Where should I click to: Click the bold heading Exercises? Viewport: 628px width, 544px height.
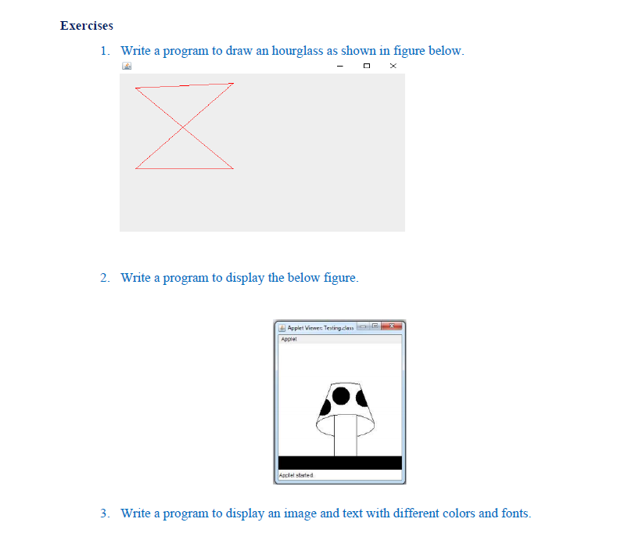click(x=86, y=26)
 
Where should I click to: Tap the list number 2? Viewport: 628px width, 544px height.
click(x=105, y=278)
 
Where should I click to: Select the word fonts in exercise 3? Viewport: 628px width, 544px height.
click(x=513, y=513)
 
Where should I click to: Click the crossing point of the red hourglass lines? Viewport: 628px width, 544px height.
click(x=184, y=126)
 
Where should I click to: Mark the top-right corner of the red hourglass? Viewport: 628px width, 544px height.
click(x=233, y=83)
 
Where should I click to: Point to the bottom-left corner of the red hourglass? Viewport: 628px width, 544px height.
click(x=135, y=168)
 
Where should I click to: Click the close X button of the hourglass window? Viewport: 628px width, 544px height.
click(x=393, y=67)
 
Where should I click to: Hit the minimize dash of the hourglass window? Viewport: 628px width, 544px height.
click(x=340, y=67)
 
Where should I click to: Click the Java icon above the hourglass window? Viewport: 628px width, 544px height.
click(x=126, y=67)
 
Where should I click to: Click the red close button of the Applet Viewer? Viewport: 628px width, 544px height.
click(x=394, y=326)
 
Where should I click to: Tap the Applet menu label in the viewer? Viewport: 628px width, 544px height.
click(x=289, y=340)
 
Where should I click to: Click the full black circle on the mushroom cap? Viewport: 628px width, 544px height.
click(x=341, y=396)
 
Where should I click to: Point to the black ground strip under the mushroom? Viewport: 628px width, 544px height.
click(x=339, y=463)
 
